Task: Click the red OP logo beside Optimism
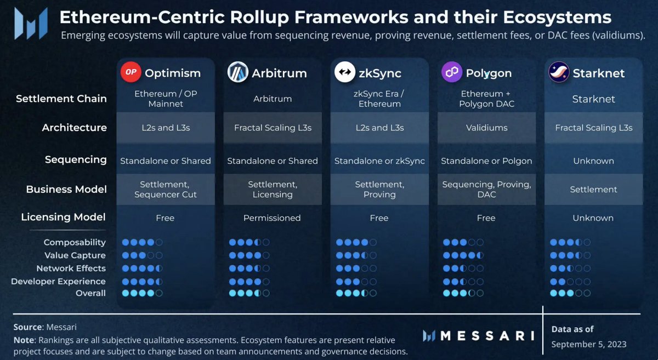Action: [130, 72]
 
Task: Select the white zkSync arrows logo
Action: [345, 72]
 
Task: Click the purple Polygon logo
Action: [452, 72]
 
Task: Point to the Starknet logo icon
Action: [559, 72]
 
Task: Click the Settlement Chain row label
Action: [61, 99]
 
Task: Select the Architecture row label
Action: [75, 128]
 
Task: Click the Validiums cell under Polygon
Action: [486, 128]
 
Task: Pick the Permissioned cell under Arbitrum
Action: [272, 218]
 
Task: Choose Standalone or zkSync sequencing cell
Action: [379, 161]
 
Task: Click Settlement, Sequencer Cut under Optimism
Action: [165, 190]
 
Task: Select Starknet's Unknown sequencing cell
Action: [593, 161]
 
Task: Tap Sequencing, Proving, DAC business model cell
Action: [486, 190]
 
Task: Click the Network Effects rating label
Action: [71, 268]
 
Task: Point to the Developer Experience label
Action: [58, 281]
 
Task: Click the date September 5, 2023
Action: [588, 344]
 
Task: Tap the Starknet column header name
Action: [599, 73]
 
